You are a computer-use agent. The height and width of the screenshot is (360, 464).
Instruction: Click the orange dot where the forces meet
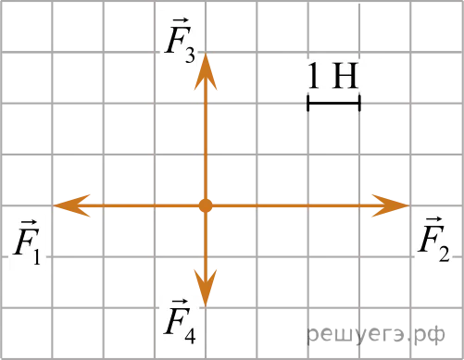206,205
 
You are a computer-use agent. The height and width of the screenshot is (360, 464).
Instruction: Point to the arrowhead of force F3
206,71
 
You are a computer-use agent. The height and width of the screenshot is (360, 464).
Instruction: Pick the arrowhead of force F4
206,288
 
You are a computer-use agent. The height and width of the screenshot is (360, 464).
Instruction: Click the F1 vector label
27,242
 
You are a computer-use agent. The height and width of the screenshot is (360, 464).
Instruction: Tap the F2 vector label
434,240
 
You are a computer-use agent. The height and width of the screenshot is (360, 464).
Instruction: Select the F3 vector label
180,41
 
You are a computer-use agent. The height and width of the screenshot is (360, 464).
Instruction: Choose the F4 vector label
180,321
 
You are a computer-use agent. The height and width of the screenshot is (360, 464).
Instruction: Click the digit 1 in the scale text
313,75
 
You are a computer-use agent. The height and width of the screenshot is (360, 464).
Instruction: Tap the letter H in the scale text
345,75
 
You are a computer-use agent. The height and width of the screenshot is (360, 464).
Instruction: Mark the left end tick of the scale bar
308,103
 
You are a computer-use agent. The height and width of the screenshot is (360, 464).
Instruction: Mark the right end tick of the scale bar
359,103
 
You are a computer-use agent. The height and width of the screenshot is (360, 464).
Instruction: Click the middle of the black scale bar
333,103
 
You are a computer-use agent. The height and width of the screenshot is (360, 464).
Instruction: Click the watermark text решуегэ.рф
376,334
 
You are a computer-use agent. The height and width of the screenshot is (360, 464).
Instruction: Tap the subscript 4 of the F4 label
190,335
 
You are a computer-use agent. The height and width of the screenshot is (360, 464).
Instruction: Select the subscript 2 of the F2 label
445,254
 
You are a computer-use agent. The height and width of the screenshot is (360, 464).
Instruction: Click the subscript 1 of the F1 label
37,256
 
